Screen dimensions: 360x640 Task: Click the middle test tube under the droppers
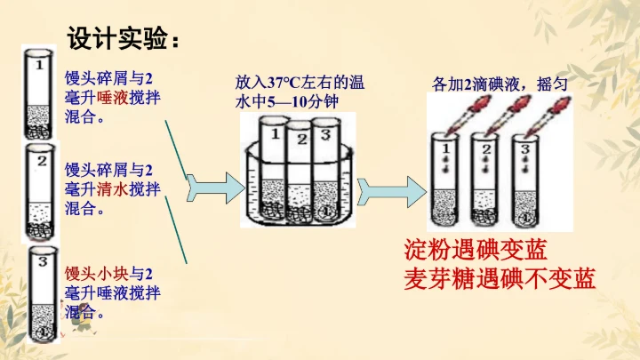pos(484,178)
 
